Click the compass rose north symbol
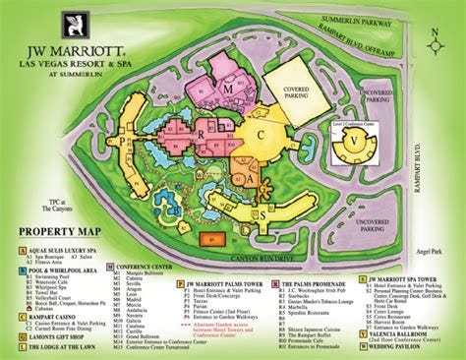pos(435,37)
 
